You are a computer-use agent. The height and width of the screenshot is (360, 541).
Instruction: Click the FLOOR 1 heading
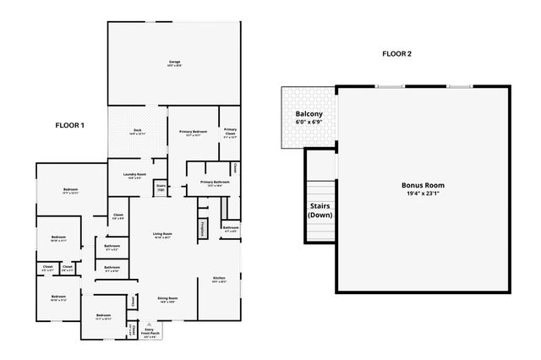tap(70, 125)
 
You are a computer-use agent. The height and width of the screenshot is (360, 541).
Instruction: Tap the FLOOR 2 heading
tap(396, 54)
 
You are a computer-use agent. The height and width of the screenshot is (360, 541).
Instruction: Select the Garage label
tap(175, 62)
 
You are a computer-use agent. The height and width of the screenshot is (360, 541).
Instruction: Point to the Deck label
tap(137, 130)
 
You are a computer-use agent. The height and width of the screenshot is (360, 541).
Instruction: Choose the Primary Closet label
tap(230, 131)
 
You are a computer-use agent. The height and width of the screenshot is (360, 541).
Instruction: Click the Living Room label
tap(162, 234)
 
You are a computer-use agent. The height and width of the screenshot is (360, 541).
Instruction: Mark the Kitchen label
tap(219, 278)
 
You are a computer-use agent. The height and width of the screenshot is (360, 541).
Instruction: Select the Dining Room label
tap(167, 298)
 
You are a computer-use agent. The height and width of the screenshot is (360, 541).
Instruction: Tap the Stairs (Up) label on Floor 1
tap(161, 186)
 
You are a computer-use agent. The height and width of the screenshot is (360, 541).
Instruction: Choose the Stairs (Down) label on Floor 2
tap(319, 210)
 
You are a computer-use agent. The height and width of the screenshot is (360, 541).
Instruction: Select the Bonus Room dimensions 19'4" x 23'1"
tap(424, 194)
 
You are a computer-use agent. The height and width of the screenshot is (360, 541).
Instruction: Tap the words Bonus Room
tap(423, 184)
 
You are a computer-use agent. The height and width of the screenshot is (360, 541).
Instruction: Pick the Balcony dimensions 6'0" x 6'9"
tap(308, 123)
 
